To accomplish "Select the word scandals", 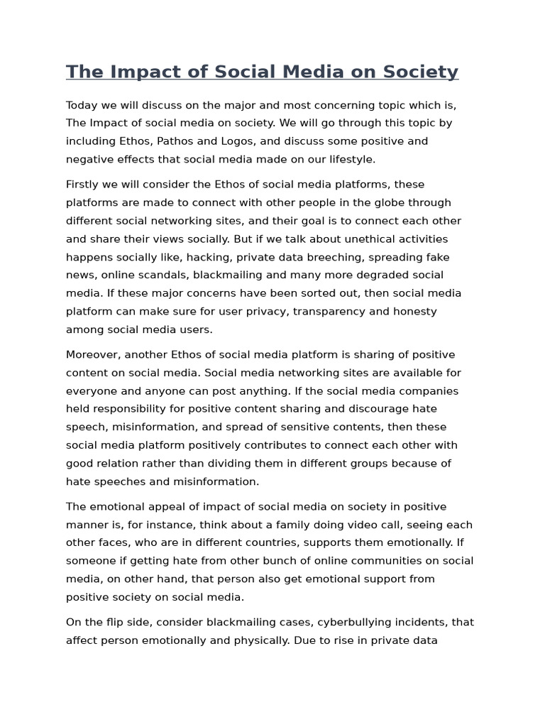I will click(x=161, y=275).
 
